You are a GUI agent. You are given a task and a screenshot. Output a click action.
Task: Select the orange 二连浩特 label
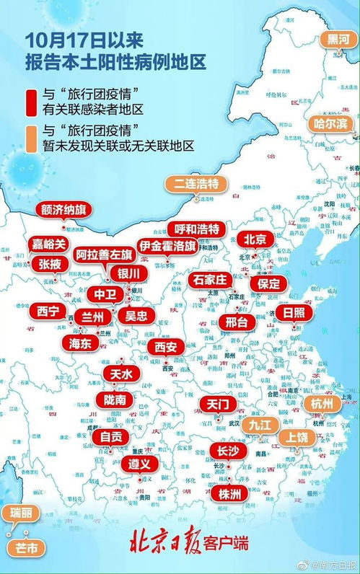click(x=194, y=183)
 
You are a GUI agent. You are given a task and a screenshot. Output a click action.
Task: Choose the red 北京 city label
click(x=255, y=239)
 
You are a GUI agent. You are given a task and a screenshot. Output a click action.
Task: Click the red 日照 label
click(x=294, y=313)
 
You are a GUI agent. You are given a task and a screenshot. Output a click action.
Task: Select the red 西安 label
click(x=164, y=348)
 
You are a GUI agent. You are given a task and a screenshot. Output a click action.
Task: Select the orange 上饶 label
click(x=298, y=437)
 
